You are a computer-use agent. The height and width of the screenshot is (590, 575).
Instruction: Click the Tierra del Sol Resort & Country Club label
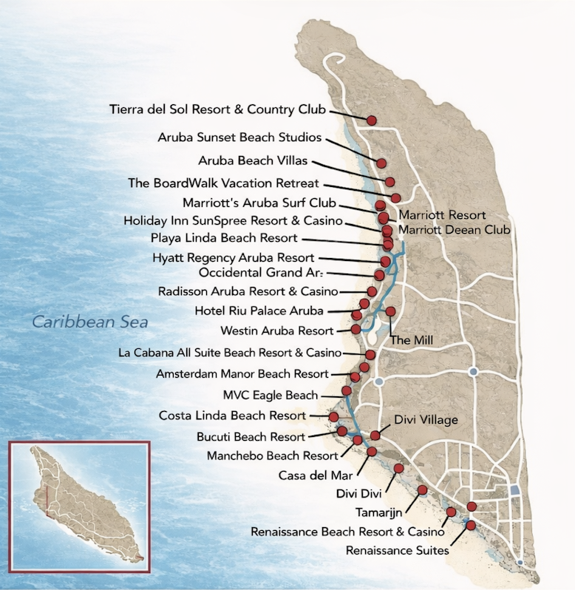217,109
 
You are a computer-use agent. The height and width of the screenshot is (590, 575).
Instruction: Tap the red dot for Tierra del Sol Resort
372,120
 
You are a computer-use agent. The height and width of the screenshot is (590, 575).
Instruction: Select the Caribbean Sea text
89,322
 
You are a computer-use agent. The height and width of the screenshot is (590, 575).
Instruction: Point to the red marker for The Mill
390,311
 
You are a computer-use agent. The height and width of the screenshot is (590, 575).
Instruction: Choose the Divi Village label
426,420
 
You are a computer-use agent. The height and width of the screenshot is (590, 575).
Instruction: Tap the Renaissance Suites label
397,549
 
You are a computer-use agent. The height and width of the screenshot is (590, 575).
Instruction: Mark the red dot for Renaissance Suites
471,525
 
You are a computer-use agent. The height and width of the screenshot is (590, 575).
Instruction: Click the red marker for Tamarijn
422,489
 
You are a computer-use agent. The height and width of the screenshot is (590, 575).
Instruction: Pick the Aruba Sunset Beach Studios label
239,138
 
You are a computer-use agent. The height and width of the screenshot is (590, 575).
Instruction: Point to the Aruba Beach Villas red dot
389,182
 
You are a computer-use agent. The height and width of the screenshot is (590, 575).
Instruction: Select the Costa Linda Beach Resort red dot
334,417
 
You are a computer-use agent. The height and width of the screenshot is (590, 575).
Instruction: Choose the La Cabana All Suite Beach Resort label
230,353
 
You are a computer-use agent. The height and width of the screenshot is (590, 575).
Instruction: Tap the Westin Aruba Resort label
277,331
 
